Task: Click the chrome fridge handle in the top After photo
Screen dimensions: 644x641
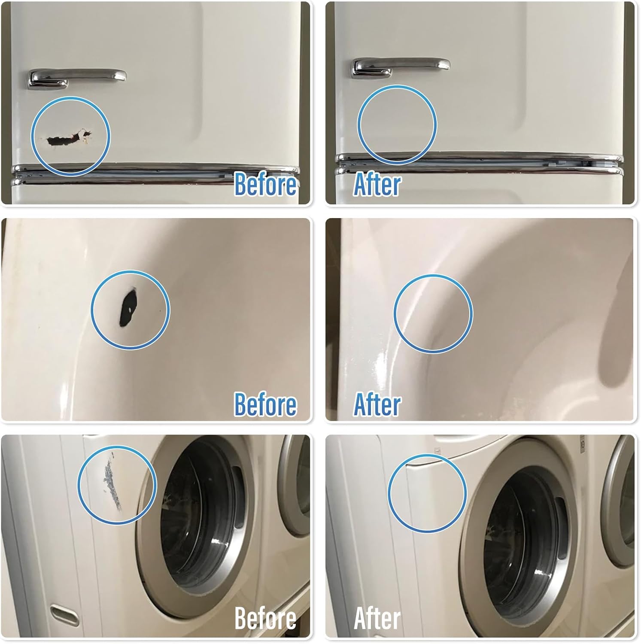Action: point(401,66)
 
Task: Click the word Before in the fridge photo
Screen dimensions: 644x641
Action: point(265,185)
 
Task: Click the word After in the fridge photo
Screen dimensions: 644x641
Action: point(377,185)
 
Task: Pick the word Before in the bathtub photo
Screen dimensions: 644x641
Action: point(265,404)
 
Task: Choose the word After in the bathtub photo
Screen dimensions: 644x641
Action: point(377,404)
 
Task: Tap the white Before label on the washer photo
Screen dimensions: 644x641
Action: point(265,618)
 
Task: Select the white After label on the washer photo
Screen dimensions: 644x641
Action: point(377,618)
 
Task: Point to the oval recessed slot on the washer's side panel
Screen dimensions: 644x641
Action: point(64,612)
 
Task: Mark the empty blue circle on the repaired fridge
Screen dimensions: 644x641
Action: point(397,125)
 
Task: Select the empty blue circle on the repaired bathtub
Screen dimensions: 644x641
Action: point(433,314)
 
